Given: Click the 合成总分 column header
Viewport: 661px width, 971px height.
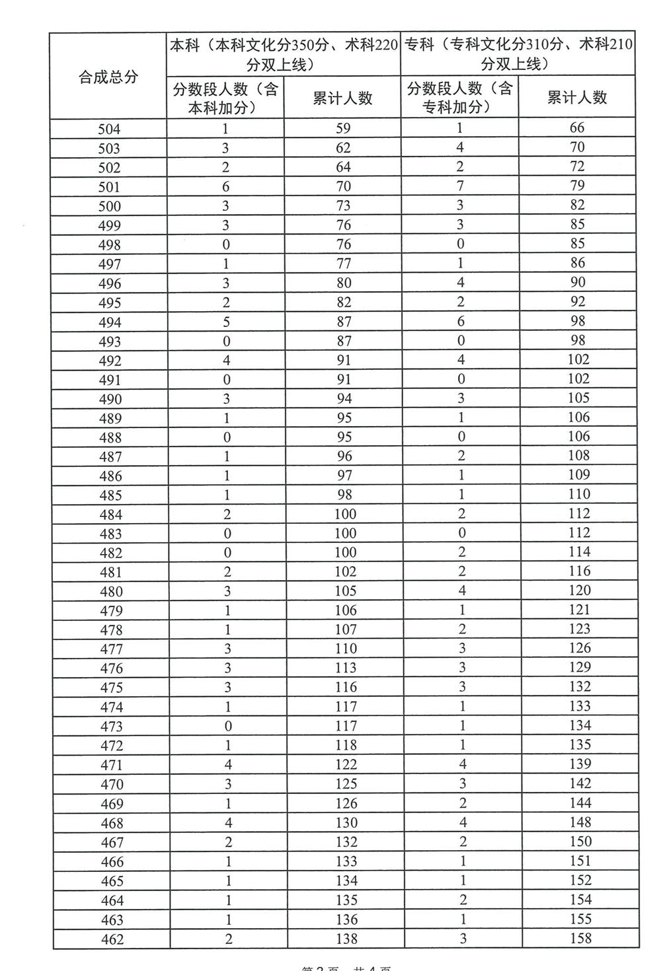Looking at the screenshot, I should (108, 77).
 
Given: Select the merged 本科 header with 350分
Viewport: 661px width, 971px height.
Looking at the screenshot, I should (284, 54).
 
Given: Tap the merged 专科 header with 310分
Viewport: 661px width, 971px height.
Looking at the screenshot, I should (518, 54).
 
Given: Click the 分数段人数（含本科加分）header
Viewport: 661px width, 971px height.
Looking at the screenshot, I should (225, 98).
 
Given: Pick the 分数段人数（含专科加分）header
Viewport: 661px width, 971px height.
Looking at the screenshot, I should (460, 97).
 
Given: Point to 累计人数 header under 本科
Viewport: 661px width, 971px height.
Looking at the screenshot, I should (342, 98).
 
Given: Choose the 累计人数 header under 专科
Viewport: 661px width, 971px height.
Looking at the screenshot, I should (577, 98).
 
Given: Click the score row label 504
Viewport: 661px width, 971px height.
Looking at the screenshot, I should (110, 129).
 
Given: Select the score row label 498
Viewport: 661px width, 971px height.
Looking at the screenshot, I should (110, 245).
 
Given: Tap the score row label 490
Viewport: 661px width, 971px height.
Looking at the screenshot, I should (110, 399).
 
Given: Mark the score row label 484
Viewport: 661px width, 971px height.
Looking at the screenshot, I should (111, 515).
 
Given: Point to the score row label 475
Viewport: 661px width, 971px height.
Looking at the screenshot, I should (112, 688).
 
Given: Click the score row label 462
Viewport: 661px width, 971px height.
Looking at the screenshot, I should (112, 939).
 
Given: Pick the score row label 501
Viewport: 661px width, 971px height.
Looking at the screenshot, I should (110, 187).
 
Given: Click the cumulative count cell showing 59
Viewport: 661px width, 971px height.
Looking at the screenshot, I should (343, 129).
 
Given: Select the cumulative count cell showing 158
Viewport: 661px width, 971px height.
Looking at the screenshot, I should (580, 938).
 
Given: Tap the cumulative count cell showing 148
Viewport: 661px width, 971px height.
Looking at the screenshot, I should (580, 822).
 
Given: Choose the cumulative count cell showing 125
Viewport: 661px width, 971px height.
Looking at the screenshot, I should (346, 784).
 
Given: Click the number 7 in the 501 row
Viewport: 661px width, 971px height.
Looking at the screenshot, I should (461, 186).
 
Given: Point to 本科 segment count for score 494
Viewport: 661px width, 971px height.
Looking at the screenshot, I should (226, 322).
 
